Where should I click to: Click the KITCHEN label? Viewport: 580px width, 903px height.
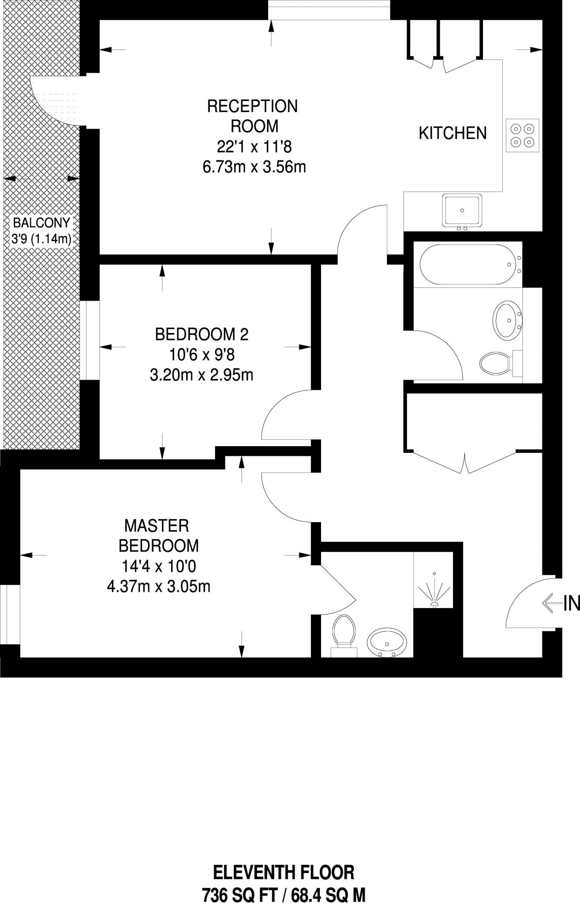click(453, 133)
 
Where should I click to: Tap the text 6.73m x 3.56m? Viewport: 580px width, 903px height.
click(254, 167)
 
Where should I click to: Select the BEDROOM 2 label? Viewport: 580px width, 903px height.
click(202, 334)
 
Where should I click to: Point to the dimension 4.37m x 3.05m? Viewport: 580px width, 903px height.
click(158, 586)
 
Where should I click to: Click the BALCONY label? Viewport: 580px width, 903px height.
click(41, 222)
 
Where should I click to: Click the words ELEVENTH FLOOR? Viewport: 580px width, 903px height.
click(284, 872)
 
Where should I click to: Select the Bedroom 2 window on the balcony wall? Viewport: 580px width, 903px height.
click(90, 340)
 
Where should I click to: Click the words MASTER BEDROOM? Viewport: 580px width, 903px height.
click(158, 535)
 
